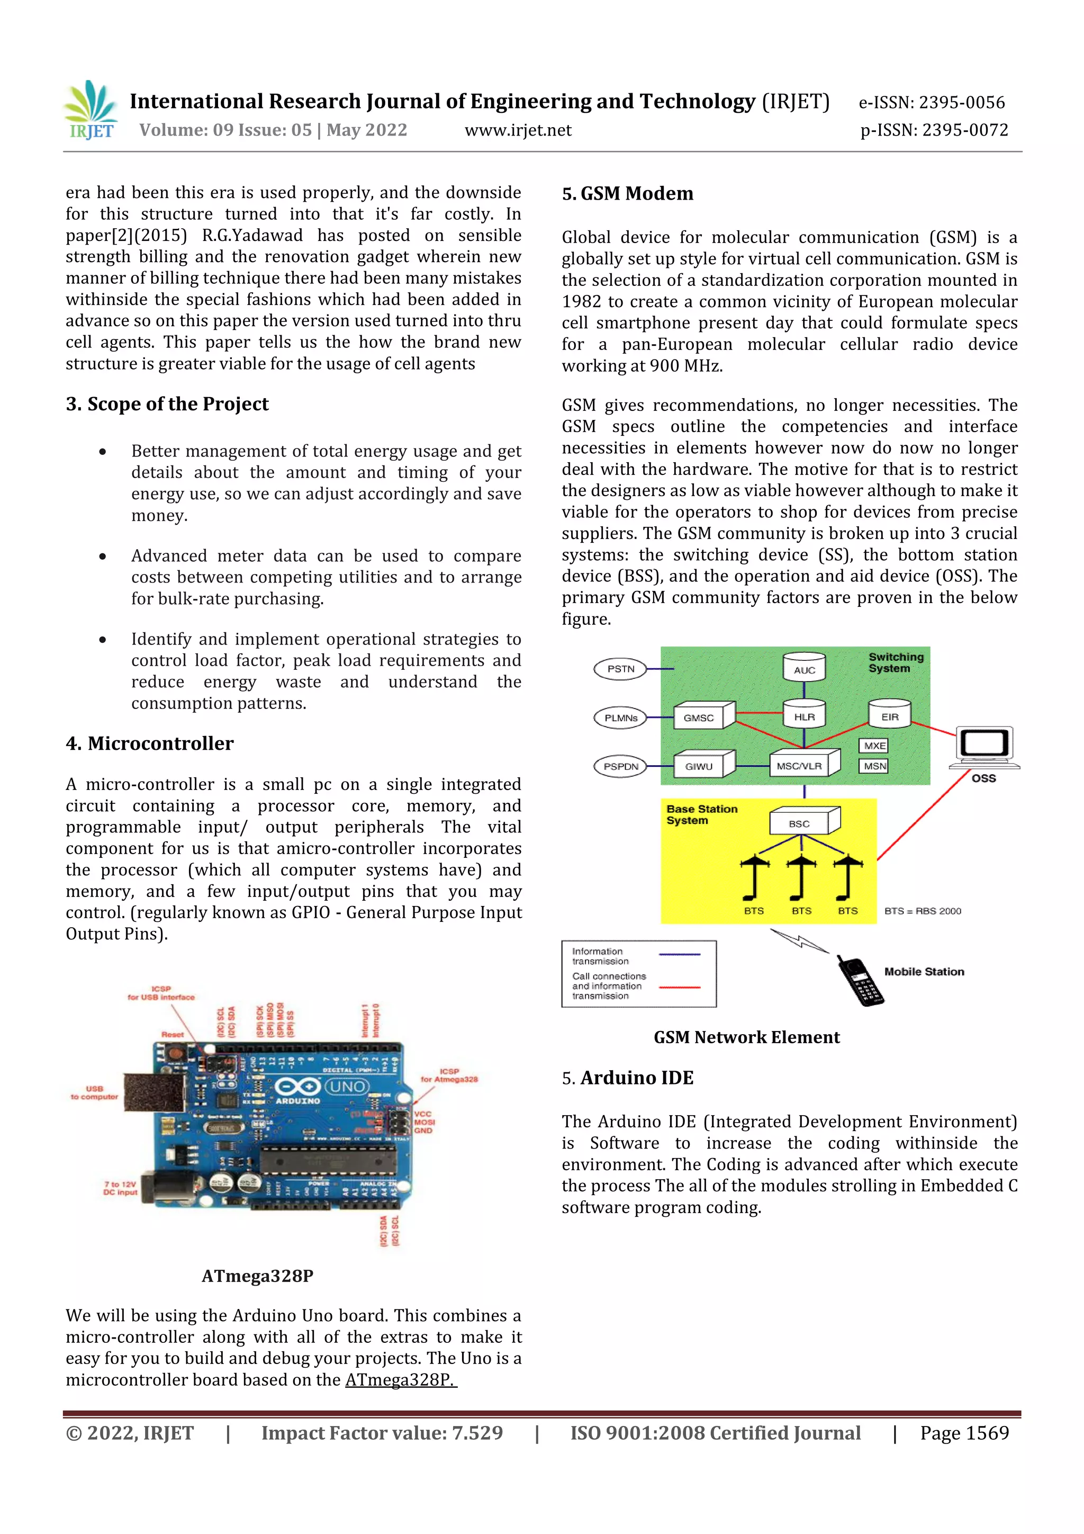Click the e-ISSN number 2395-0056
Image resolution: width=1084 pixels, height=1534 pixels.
(932, 102)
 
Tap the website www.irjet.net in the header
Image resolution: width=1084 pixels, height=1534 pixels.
(518, 130)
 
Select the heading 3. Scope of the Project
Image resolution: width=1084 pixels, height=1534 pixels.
(167, 404)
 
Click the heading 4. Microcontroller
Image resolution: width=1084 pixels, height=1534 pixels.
(150, 743)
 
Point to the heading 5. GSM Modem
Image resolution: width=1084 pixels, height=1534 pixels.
(627, 194)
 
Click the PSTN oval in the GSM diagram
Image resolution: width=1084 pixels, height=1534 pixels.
(620, 669)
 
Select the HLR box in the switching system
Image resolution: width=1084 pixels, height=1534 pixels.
(804, 716)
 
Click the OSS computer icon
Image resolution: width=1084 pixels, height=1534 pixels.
(984, 747)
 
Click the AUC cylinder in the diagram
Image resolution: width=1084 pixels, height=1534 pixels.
(804, 668)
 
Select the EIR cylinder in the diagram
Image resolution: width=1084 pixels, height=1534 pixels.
(890, 715)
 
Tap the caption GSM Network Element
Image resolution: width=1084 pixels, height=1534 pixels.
(746, 1037)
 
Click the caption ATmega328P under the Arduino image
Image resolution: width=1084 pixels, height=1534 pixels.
(257, 1276)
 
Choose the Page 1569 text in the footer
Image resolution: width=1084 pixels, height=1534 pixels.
(964, 1432)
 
